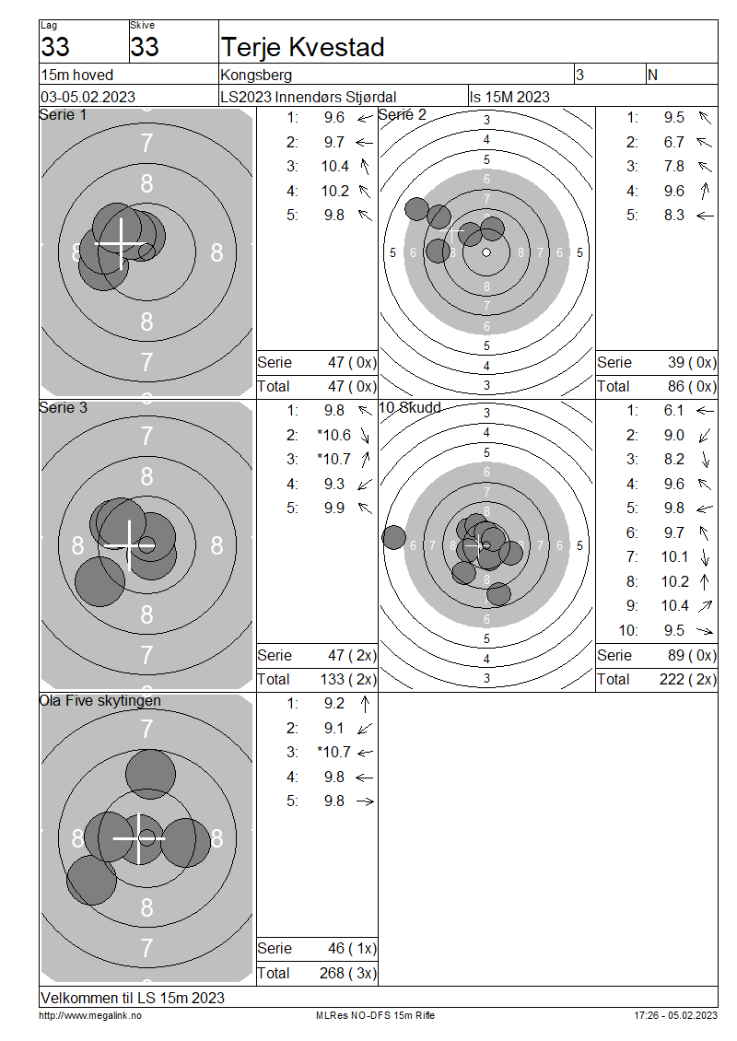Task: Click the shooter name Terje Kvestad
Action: coord(303,47)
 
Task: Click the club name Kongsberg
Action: coord(256,75)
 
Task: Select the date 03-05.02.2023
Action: coord(88,97)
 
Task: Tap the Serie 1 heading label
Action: coord(63,115)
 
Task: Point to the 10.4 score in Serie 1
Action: coord(335,167)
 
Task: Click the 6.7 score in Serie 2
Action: coord(674,142)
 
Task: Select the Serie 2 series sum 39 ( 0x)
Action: coord(692,362)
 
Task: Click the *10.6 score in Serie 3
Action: coord(334,435)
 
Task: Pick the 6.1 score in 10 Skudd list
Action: coord(674,411)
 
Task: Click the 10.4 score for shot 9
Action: coord(675,605)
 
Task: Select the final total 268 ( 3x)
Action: coord(348,973)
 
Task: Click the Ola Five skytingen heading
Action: coord(100,701)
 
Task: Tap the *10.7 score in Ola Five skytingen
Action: coord(334,753)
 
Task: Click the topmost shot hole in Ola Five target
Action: coord(151,774)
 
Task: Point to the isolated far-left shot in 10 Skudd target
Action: coord(393,537)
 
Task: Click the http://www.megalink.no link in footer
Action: coord(90,1015)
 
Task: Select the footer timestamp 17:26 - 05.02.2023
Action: coord(676,1015)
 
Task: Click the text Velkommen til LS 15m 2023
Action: coord(133,998)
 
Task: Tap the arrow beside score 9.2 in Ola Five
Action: coord(365,704)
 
